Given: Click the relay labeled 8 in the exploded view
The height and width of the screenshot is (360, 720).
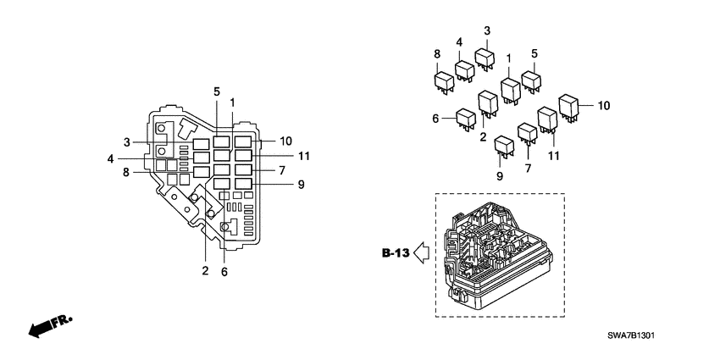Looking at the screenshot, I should tap(443, 80).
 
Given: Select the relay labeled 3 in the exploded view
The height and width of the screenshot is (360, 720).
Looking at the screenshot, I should tap(485, 58).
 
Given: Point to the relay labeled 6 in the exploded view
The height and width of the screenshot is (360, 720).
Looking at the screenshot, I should tap(465, 119).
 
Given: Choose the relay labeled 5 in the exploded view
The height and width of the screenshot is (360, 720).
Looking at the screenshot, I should tap(532, 80).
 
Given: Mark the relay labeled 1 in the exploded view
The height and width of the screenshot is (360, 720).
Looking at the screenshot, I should tap(510, 89).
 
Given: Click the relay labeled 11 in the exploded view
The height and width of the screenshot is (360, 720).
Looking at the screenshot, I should tap(546, 119).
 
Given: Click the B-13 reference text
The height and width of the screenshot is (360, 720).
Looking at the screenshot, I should tap(395, 252).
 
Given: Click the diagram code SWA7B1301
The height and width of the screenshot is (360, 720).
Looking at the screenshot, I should tap(630, 335).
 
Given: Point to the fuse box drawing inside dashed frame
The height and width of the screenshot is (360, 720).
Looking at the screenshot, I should tap(496, 254).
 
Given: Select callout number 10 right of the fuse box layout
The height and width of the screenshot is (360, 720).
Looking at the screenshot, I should tap(285, 141).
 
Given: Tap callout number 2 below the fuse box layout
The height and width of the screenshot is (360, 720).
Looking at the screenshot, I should tap(204, 271).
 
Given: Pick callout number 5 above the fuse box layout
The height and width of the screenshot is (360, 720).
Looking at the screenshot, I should tap(216, 91).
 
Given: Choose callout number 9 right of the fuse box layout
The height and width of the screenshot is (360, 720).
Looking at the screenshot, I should tap(301, 184).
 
